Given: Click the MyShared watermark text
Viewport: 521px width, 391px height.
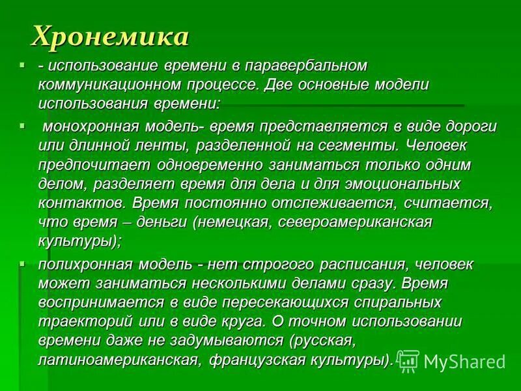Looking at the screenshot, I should [x=464, y=361].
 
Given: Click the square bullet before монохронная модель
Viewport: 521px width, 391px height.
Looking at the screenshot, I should [x=23, y=123].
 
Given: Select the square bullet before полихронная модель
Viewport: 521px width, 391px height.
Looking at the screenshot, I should [x=23, y=262].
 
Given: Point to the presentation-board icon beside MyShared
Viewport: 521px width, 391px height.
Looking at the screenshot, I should [x=408, y=360].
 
